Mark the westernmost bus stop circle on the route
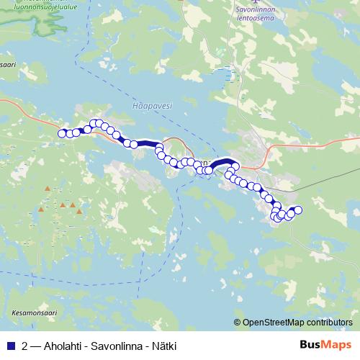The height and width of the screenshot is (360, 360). (x=62, y=132)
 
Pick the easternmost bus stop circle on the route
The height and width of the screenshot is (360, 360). (x=298, y=210)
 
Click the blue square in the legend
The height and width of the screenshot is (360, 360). (x=10, y=346)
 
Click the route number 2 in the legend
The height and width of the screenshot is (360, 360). (x=25, y=346)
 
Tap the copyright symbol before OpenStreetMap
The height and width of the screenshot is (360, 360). (x=238, y=323)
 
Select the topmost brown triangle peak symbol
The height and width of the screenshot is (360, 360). (x=48, y=189)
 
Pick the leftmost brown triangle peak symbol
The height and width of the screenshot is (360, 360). (x=41, y=210)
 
